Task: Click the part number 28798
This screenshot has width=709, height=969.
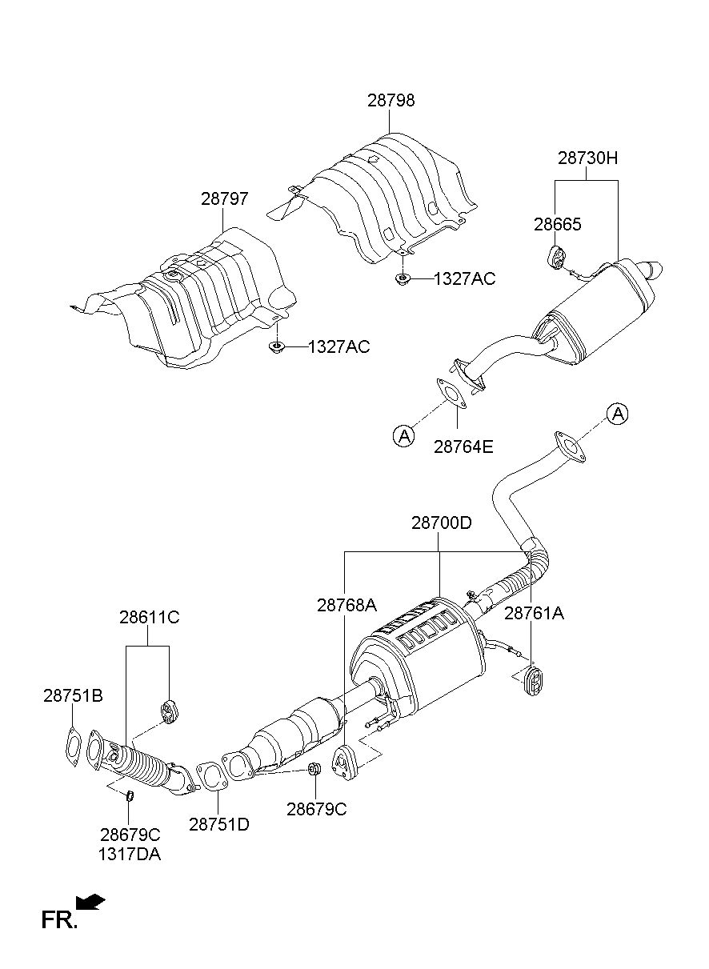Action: pos(391,100)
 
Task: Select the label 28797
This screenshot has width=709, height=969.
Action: pos(225,199)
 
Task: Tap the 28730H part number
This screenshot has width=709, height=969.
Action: pos(587,158)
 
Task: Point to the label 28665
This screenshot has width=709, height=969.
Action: pos(558,225)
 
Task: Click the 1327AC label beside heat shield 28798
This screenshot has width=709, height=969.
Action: pos(464,279)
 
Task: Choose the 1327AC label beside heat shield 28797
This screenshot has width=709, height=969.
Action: pos(338,347)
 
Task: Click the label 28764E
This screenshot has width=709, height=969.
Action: pos(463,446)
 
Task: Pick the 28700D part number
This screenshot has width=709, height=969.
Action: pos(441,523)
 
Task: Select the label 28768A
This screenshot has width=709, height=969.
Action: pos(347,605)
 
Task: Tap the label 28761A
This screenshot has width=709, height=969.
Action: pos(535,613)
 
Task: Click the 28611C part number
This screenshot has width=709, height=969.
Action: pos(149,617)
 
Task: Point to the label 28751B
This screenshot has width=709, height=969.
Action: pos(73,696)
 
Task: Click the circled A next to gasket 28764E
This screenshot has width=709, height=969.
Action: pos(403,435)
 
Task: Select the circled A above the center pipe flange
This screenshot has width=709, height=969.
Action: pos(617,414)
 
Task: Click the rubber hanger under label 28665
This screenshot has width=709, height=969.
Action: pos(557,257)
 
